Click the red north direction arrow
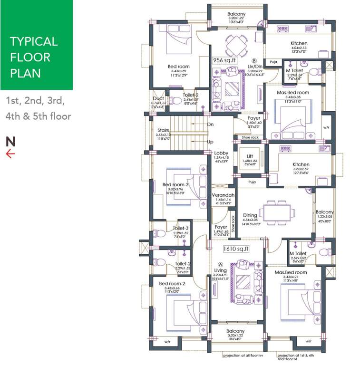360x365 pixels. (x=10, y=153)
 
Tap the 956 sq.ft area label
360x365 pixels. (x=224, y=60)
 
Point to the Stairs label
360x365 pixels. (x=163, y=130)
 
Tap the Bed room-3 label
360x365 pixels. (x=175, y=184)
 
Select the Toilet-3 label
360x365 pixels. (x=181, y=228)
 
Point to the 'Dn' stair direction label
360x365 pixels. (x=211, y=125)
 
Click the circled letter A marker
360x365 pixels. (x=220, y=264)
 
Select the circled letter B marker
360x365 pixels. (x=254, y=61)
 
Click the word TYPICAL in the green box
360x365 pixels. (x=33, y=41)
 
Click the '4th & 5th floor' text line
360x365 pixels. (x=38, y=116)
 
